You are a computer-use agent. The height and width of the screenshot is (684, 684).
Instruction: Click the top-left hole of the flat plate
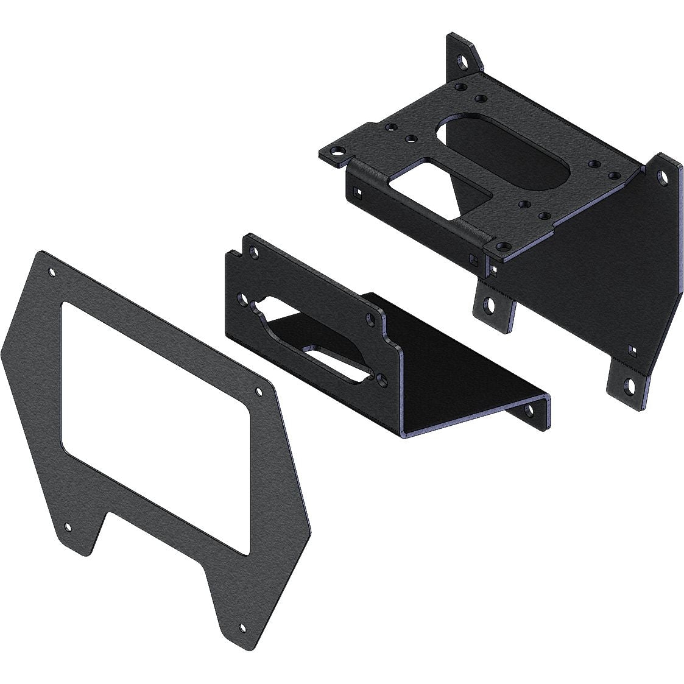51,273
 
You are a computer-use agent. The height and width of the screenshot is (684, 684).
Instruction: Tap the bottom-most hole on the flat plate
243,627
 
